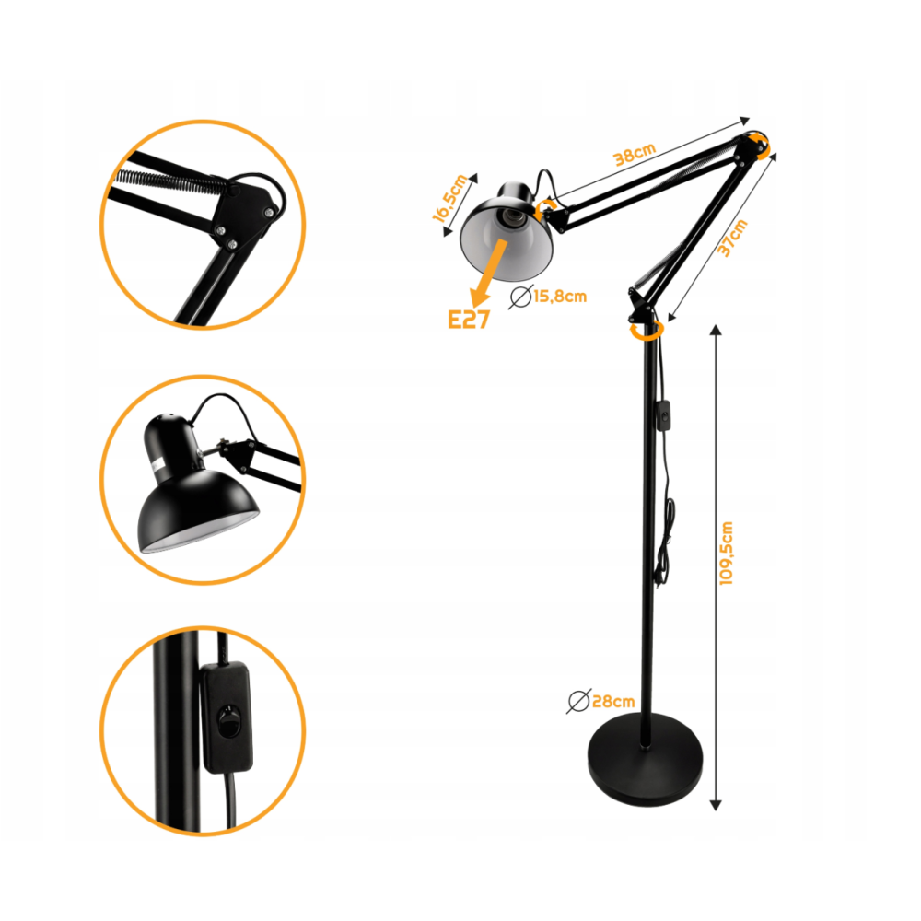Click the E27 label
[x=468, y=320]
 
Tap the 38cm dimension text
[x=634, y=154]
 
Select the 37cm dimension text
[x=732, y=238]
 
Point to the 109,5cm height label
[x=727, y=553]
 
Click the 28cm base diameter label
[x=613, y=701]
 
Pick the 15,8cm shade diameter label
[x=560, y=296]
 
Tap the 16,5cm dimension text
[x=450, y=198]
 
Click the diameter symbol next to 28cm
[x=578, y=701]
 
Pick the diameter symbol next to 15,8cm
[x=520, y=297]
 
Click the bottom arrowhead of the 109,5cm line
[x=716, y=805]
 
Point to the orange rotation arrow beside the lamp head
[x=545, y=208]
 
